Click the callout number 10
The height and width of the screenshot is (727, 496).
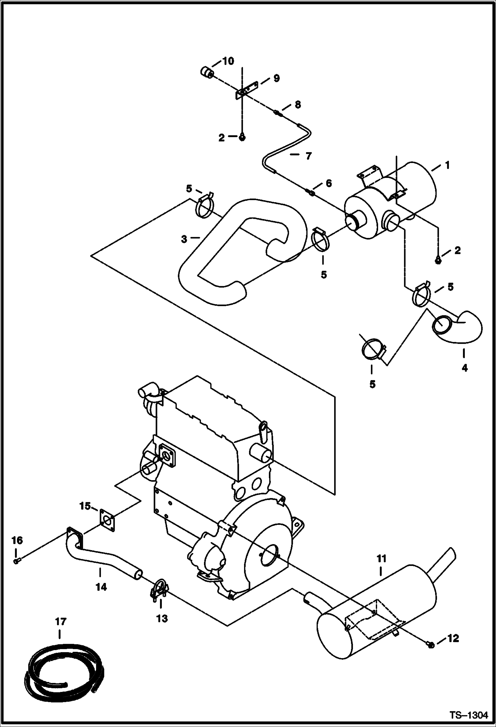[228, 61]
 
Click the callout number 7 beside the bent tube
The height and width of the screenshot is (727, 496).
[309, 156]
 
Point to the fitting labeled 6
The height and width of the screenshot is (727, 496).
[311, 192]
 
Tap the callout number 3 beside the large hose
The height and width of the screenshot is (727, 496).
[184, 239]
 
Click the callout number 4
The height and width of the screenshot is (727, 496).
[465, 367]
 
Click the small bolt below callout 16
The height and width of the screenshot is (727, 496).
[16, 561]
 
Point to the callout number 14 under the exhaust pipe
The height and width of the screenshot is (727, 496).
[101, 587]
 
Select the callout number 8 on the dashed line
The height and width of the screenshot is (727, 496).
[297, 105]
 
